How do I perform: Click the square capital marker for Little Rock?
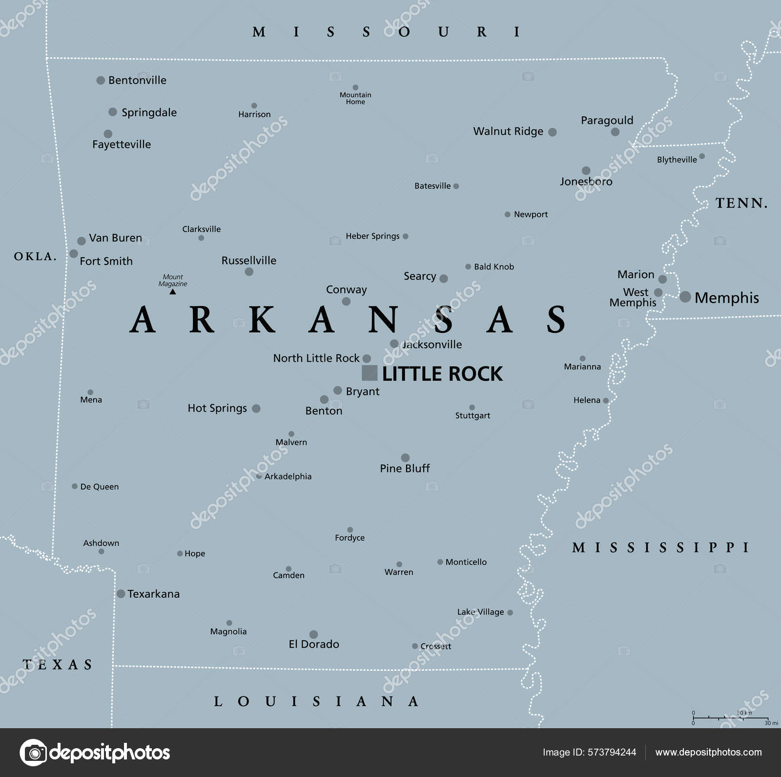370,373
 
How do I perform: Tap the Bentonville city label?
137,80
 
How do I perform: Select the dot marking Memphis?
685,297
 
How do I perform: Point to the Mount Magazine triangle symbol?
172,292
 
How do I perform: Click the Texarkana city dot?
121,593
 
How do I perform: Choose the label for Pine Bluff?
405,469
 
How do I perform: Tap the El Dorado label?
314,644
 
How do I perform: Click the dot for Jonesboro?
586,171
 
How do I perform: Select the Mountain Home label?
355,98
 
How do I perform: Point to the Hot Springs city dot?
256,409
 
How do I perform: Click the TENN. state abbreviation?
741,203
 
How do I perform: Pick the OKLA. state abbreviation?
35,256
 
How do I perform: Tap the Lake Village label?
480,612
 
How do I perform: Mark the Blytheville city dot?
702,156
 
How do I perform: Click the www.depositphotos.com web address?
708,753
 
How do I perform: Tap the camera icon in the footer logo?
34,753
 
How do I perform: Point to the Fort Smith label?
106,261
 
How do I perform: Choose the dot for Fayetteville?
108,134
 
